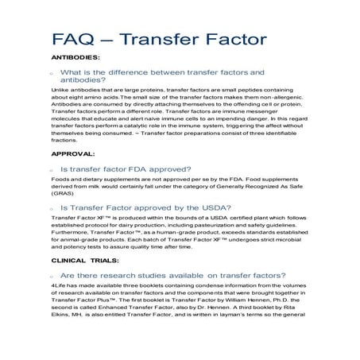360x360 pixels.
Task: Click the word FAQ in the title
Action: point(73,37)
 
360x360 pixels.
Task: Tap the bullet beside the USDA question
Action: point(52,207)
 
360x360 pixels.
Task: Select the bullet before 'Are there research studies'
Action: point(52,276)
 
